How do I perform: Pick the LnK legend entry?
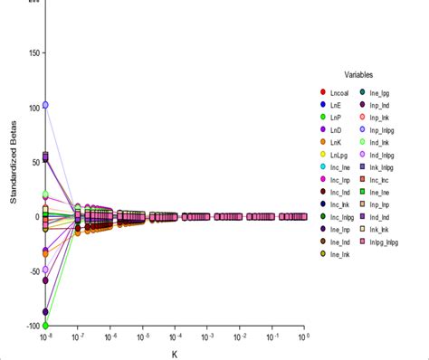[339, 142]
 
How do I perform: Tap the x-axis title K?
[175, 355]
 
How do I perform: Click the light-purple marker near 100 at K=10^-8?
[45, 105]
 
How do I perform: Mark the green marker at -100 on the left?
[45, 325]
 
